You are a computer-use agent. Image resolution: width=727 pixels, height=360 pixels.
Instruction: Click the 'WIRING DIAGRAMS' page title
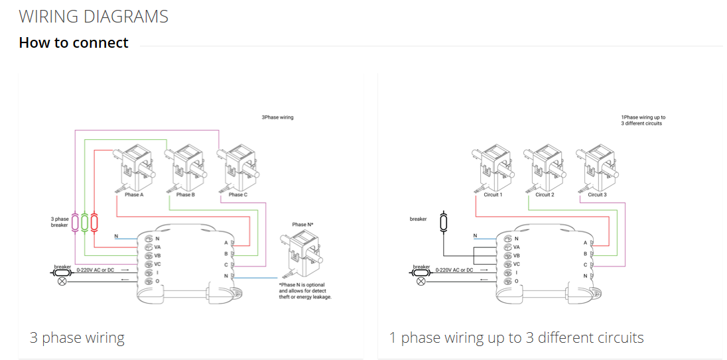(x=94, y=17)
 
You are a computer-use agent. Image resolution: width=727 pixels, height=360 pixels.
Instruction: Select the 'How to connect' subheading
(x=74, y=42)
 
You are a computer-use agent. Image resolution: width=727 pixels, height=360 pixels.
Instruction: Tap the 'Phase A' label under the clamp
(x=134, y=195)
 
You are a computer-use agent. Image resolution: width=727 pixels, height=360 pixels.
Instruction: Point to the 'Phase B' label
(x=186, y=195)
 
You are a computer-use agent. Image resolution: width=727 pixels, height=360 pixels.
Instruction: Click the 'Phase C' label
(x=238, y=195)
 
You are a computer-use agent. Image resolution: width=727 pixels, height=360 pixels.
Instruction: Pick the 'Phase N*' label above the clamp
(x=302, y=224)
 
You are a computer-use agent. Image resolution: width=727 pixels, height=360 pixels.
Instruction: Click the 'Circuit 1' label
(x=494, y=195)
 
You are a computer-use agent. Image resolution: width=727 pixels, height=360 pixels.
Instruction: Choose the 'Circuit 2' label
(x=545, y=195)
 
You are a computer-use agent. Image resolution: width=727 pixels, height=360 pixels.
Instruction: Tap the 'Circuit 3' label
(x=597, y=195)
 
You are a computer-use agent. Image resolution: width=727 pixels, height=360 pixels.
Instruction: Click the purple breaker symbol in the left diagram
(x=75, y=222)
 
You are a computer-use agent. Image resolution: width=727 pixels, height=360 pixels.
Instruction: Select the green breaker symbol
(x=84, y=222)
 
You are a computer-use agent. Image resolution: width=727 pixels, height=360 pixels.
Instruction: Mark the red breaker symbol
(x=94, y=222)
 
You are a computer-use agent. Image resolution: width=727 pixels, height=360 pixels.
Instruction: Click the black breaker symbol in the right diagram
(x=444, y=221)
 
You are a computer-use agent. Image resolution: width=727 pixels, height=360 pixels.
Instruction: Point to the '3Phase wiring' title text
(x=277, y=118)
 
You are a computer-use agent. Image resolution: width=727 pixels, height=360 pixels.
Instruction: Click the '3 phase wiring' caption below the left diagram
(x=77, y=337)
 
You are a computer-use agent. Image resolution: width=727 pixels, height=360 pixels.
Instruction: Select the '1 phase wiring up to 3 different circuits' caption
(x=517, y=337)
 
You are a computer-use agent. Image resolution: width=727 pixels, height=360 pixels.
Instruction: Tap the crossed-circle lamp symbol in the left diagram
(x=62, y=282)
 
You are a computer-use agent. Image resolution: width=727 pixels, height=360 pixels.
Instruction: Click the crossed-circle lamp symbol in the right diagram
(x=421, y=282)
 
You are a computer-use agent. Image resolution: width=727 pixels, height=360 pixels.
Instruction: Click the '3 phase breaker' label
(x=59, y=222)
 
